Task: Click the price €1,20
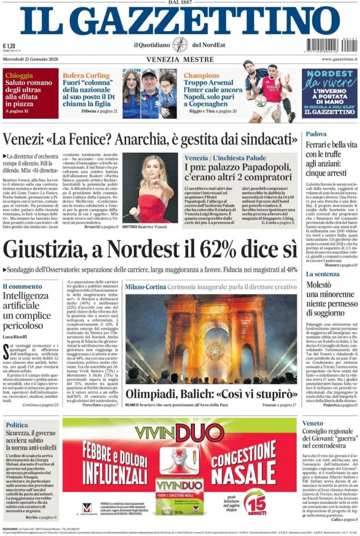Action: [x=9, y=46]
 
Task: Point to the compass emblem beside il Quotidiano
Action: [x=179, y=44]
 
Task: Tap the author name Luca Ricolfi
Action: [x=17, y=336]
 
